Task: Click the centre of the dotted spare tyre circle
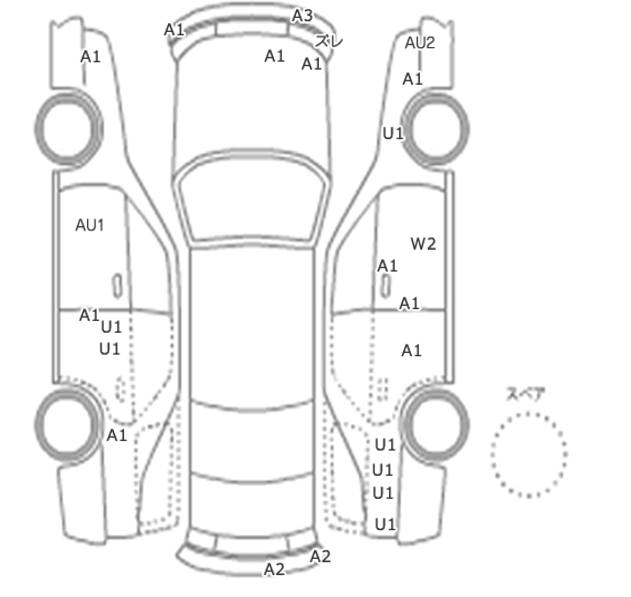(529, 454)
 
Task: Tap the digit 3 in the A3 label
(308, 16)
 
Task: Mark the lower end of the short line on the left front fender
(84, 85)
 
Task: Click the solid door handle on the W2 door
(386, 286)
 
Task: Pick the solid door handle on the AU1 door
(117, 286)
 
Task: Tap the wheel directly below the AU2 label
(436, 128)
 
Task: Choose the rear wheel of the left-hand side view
(67, 425)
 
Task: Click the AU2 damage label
(420, 43)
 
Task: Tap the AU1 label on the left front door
(90, 226)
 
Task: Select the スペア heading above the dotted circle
(525, 394)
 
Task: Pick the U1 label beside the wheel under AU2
(393, 133)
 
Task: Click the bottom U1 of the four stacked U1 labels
(385, 524)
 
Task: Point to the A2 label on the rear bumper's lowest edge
(275, 570)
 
